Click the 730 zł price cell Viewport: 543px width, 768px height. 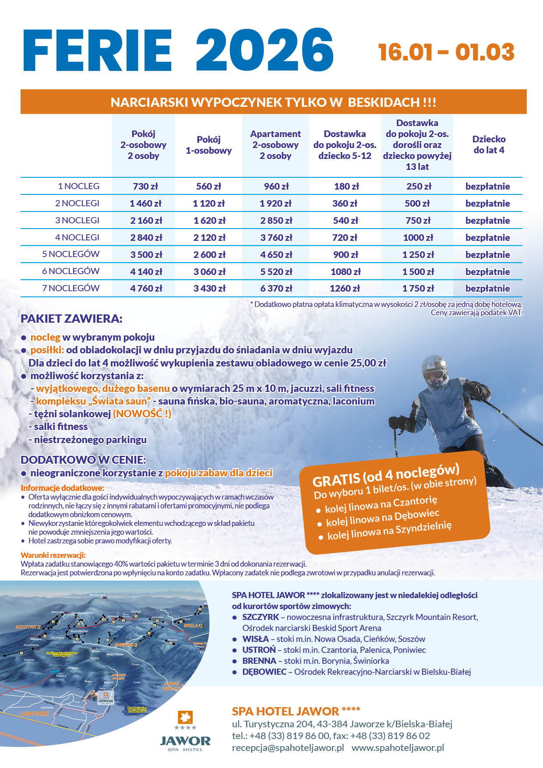[x=145, y=186]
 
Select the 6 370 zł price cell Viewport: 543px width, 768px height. [x=276, y=289]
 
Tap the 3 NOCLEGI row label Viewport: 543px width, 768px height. [x=77, y=220]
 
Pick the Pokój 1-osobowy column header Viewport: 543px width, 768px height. [x=208, y=145]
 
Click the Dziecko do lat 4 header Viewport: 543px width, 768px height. [x=489, y=144]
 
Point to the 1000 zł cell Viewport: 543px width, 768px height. [x=418, y=237]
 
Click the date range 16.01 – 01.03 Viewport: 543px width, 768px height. [x=446, y=52]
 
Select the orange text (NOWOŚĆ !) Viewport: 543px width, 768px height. [x=142, y=414]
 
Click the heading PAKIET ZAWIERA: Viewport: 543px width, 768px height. [x=71, y=319]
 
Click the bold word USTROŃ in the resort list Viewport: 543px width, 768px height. [x=259, y=650]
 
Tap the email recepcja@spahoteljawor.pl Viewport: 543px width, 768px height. [x=288, y=747]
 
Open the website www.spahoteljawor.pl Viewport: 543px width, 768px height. [x=398, y=747]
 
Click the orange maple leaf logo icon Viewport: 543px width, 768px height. [x=185, y=718]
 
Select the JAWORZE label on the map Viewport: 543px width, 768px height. [x=35, y=713]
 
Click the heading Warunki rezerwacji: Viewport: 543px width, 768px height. [x=53, y=555]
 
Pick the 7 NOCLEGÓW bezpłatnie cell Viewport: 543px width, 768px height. [x=487, y=289]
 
